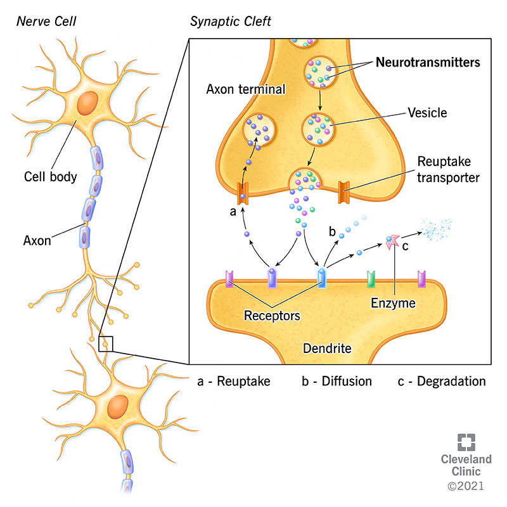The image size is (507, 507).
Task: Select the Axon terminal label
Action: pyautogui.click(x=246, y=90)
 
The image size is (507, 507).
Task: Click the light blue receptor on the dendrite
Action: pyautogui.click(x=321, y=278)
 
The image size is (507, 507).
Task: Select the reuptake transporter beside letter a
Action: pyautogui.click(x=241, y=193)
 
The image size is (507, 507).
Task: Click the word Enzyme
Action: pyautogui.click(x=393, y=304)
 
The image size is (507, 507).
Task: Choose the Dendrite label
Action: pyautogui.click(x=326, y=348)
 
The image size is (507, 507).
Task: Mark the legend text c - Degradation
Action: pyautogui.click(x=442, y=382)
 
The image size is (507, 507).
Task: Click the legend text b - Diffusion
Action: pyautogui.click(x=337, y=382)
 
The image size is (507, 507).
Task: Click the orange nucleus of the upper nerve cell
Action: pyautogui.click(x=87, y=104)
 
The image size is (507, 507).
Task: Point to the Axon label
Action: pyautogui.click(x=37, y=240)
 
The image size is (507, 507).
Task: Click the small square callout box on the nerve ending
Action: pyautogui.click(x=105, y=343)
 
